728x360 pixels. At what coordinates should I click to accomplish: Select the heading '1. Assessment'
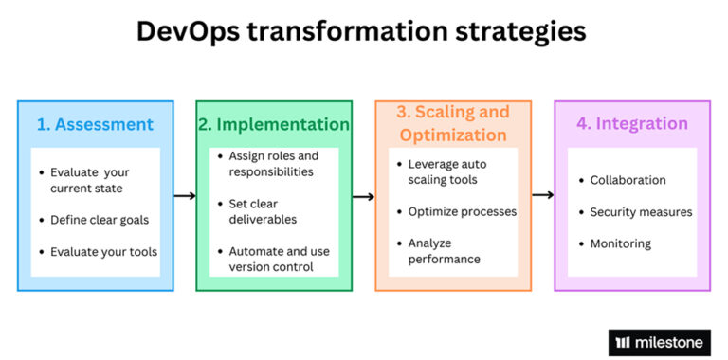(x=94, y=124)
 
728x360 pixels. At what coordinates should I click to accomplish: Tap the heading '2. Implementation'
(x=273, y=124)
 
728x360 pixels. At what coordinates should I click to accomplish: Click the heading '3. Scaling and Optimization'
(x=453, y=124)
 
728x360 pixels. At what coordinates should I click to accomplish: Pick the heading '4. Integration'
(x=632, y=124)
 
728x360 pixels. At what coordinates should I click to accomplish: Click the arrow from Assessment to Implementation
(x=185, y=196)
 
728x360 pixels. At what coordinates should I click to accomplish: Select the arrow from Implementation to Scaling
(x=364, y=196)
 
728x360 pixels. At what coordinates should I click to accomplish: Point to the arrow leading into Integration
(x=542, y=195)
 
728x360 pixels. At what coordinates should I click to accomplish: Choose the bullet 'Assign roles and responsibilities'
(x=274, y=164)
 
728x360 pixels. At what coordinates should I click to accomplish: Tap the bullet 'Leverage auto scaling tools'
(x=453, y=171)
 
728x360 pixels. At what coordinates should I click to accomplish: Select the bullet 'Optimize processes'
(x=462, y=211)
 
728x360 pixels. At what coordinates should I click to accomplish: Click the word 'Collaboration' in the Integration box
(x=628, y=180)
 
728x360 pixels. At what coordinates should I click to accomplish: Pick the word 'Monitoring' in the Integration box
(x=620, y=243)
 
